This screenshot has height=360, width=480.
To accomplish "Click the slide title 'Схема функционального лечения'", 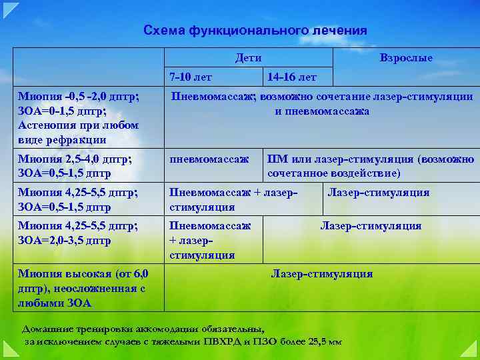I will click(x=255, y=31).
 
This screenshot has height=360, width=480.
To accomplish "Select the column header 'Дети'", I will click(x=248, y=58).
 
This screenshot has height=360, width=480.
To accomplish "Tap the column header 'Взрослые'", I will click(x=406, y=58).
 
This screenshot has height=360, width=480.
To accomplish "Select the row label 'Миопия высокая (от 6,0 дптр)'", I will click(x=83, y=274).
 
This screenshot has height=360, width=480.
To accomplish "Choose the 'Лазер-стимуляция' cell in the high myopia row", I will click(x=321, y=274).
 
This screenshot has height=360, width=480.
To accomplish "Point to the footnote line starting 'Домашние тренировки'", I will click(x=143, y=329).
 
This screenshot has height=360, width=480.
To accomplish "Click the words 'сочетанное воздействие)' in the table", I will click(x=333, y=173).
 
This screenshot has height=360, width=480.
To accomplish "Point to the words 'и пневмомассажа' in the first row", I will click(x=322, y=111).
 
